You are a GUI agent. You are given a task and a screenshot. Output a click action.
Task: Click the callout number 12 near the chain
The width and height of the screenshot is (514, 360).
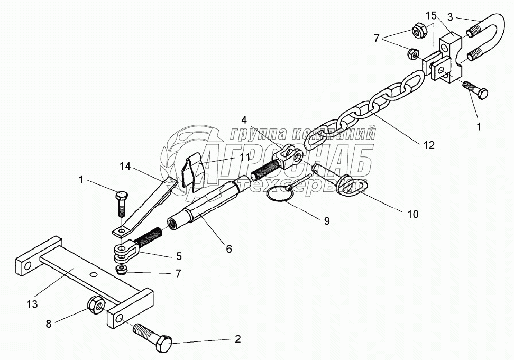pyautogui.click(x=429, y=145)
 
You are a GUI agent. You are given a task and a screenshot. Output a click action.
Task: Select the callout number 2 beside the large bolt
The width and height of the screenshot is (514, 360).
pyautogui.click(x=238, y=339)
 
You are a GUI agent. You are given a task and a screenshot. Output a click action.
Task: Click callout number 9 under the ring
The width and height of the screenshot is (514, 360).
pyautogui.click(x=326, y=221)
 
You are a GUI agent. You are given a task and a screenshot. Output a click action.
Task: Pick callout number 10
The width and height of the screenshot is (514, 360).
pyautogui.click(x=412, y=214)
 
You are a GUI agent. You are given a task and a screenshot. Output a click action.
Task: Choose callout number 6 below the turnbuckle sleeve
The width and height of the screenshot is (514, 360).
pyautogui.click(x=228, y=248)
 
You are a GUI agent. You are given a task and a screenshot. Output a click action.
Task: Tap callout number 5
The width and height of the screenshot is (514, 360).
pyautogui.click(x=179, y=256)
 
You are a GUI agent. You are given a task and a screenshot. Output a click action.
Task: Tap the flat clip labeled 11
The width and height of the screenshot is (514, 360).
pyautogui.click(x=192, y=171)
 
